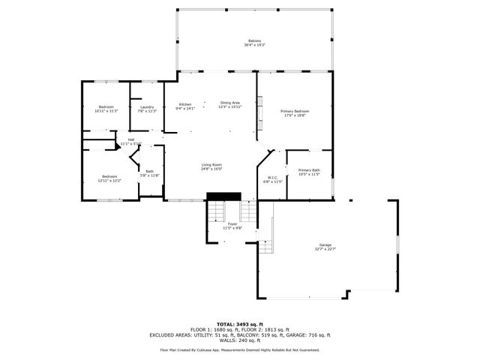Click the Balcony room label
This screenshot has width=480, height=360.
click(x=255, y=40)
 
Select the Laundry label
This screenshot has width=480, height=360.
click(x=147, y=106)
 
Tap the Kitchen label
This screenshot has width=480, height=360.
click(x=184, y=104)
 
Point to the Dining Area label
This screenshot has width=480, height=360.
click(x=230, y=103)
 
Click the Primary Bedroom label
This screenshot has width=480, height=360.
click(x=295, y=111)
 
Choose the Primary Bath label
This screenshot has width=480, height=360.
click(x=309, y=170)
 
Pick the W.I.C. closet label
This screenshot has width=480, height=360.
click(x=273, y=177)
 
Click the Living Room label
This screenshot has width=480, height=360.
click(x=211, y=164)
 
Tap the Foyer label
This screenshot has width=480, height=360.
click(x=232, y=223)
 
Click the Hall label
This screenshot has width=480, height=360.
click(x=131, y=139)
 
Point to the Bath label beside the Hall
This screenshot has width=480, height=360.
click(x=150, y=171)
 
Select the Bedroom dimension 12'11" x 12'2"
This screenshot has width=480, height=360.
click(x=109, y=181)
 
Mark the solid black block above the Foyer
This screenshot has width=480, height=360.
click(x=223, y=196)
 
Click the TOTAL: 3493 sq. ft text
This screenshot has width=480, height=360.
click(x=239, y=323)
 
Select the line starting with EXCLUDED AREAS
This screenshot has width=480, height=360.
click(x=239, y=334)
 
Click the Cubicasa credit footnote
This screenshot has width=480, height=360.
click(x=239, y=349)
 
